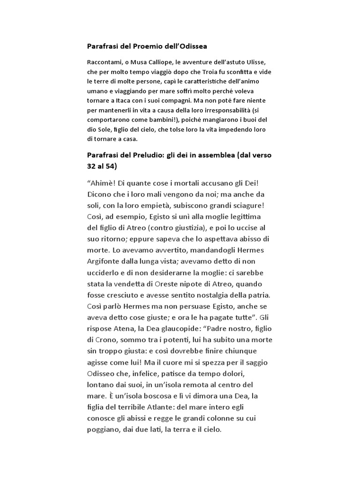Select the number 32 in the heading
tap(93, 166)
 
